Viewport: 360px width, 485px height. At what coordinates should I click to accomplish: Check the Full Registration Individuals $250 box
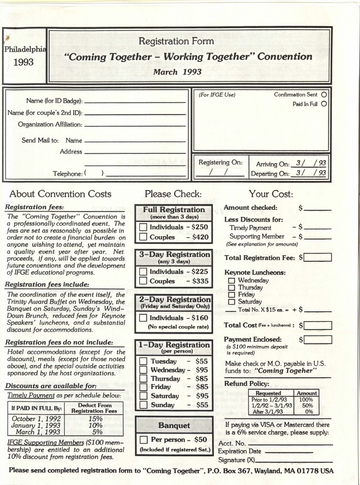click(143, 227)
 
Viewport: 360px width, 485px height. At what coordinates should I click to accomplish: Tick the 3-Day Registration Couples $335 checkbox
click(143, 281)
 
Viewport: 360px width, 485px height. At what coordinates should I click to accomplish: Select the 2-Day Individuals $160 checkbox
click(143, 318)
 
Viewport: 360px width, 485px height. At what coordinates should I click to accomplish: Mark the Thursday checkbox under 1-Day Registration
click(143, 379)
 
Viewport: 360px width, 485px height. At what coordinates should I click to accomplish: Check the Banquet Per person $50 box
click(143, 440)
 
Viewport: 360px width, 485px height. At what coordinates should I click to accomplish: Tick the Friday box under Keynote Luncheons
click(232, 294)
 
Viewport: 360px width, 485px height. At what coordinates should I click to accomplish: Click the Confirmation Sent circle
click(324, 95)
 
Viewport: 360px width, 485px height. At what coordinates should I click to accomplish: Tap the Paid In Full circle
click(324, 104)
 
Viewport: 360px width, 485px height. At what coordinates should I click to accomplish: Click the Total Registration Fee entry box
click(318, 258)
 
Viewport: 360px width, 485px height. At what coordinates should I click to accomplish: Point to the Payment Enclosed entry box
click(318, 339)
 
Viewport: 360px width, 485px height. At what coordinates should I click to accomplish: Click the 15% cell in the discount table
click(96, 419)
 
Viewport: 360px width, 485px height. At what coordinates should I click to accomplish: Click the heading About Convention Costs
click(60, 194)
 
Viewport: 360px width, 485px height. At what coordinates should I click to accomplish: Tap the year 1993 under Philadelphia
click(24, 63)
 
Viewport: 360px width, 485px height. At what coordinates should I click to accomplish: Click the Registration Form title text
click(176, 42)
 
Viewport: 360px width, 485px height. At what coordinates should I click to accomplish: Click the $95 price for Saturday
click(201, 396)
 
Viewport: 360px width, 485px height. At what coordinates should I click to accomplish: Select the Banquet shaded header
click(174, 425)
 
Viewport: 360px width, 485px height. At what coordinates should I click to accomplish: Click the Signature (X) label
click(236, 460)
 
